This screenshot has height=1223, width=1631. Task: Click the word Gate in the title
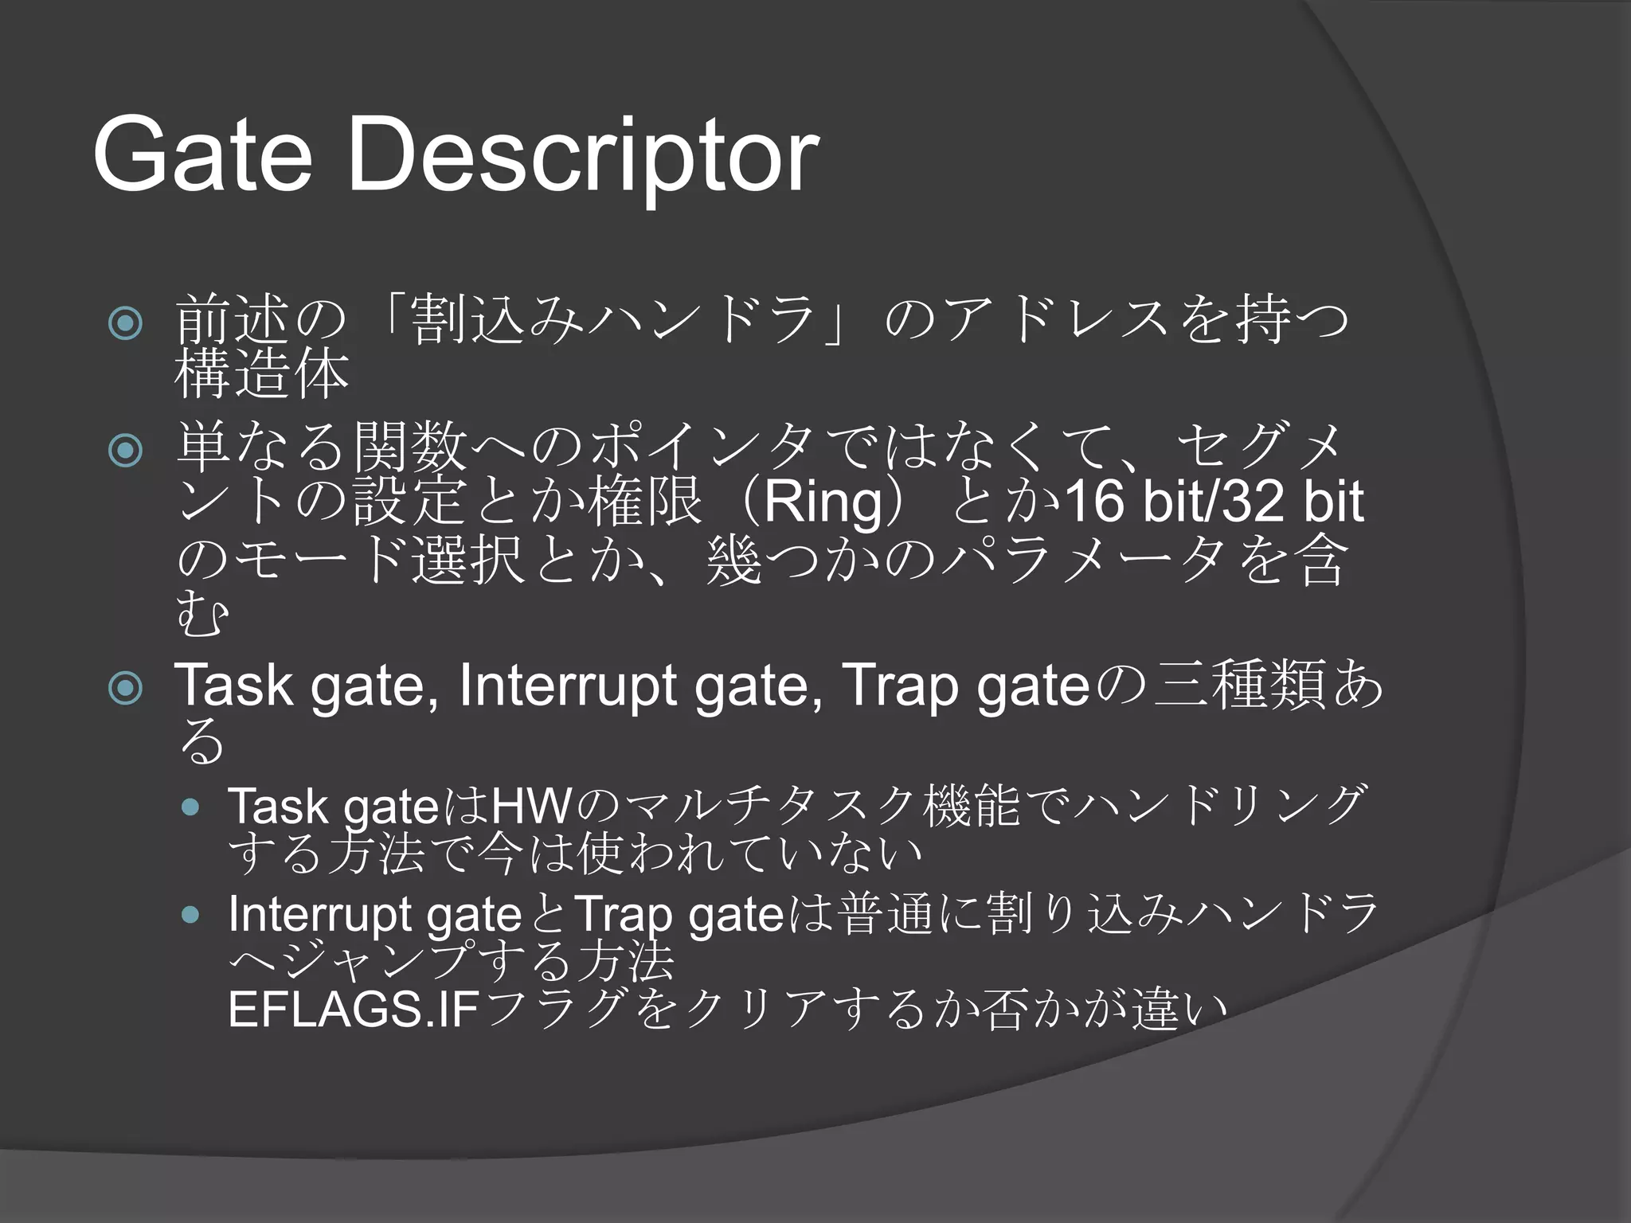(x=202, y=154)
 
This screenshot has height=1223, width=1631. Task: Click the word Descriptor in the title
(x=582, y=154)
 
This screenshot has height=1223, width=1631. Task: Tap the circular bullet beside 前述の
(x=126, y=324)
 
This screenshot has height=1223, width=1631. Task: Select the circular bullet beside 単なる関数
(x=126, y=451)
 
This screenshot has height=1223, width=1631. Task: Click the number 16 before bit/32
(x=1094, y=502)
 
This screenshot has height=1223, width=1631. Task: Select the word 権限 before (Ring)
(x=645, y=502)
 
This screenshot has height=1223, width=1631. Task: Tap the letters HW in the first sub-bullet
(x=531, y=807)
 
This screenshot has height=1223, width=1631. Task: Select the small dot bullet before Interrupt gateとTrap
(x=190, y=915)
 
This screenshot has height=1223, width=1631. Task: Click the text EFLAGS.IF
(x=354, y=1010)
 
